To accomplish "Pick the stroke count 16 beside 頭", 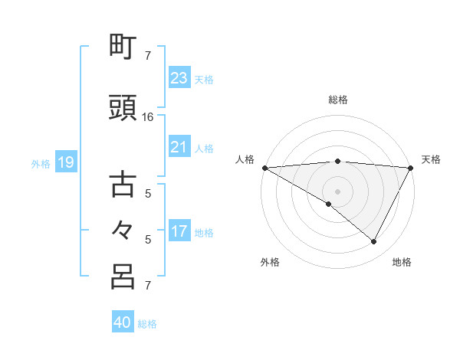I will point(148,118).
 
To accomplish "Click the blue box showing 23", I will point(179,78).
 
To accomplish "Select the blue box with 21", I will point(179,147).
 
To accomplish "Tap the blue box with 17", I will point(179,231).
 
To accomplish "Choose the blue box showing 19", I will point(65,162).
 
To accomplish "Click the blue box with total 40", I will point(122,322).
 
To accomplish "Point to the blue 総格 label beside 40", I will point(147,323).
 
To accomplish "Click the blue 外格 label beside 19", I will point(41,163).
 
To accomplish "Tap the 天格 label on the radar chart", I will point(431,159).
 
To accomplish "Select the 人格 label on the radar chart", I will point(245,159).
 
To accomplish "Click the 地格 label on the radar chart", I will point(402,262).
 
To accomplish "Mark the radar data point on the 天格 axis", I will point(412,167).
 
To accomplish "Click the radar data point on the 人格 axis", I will point(264,167).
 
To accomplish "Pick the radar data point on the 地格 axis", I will point(374,242).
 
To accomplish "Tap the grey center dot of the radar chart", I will point(337,191).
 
